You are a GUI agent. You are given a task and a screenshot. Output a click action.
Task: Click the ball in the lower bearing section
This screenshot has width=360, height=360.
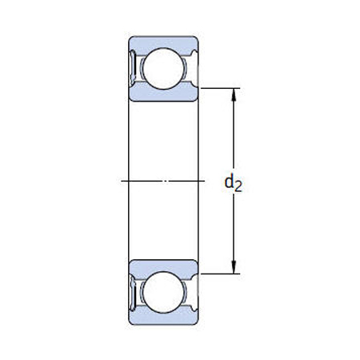coord(164,293)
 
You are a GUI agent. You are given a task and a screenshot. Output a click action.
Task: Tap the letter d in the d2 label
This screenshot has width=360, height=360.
coord(230,183)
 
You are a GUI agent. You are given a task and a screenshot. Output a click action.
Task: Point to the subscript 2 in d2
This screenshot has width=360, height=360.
coord(238,187)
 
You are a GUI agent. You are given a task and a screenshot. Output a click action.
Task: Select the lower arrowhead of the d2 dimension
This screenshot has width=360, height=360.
coord(234,268)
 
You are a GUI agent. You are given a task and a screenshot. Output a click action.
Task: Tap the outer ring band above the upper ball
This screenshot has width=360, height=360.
coord(164,41)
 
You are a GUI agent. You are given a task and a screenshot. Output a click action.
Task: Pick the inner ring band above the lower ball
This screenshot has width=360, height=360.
coord(164,266)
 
